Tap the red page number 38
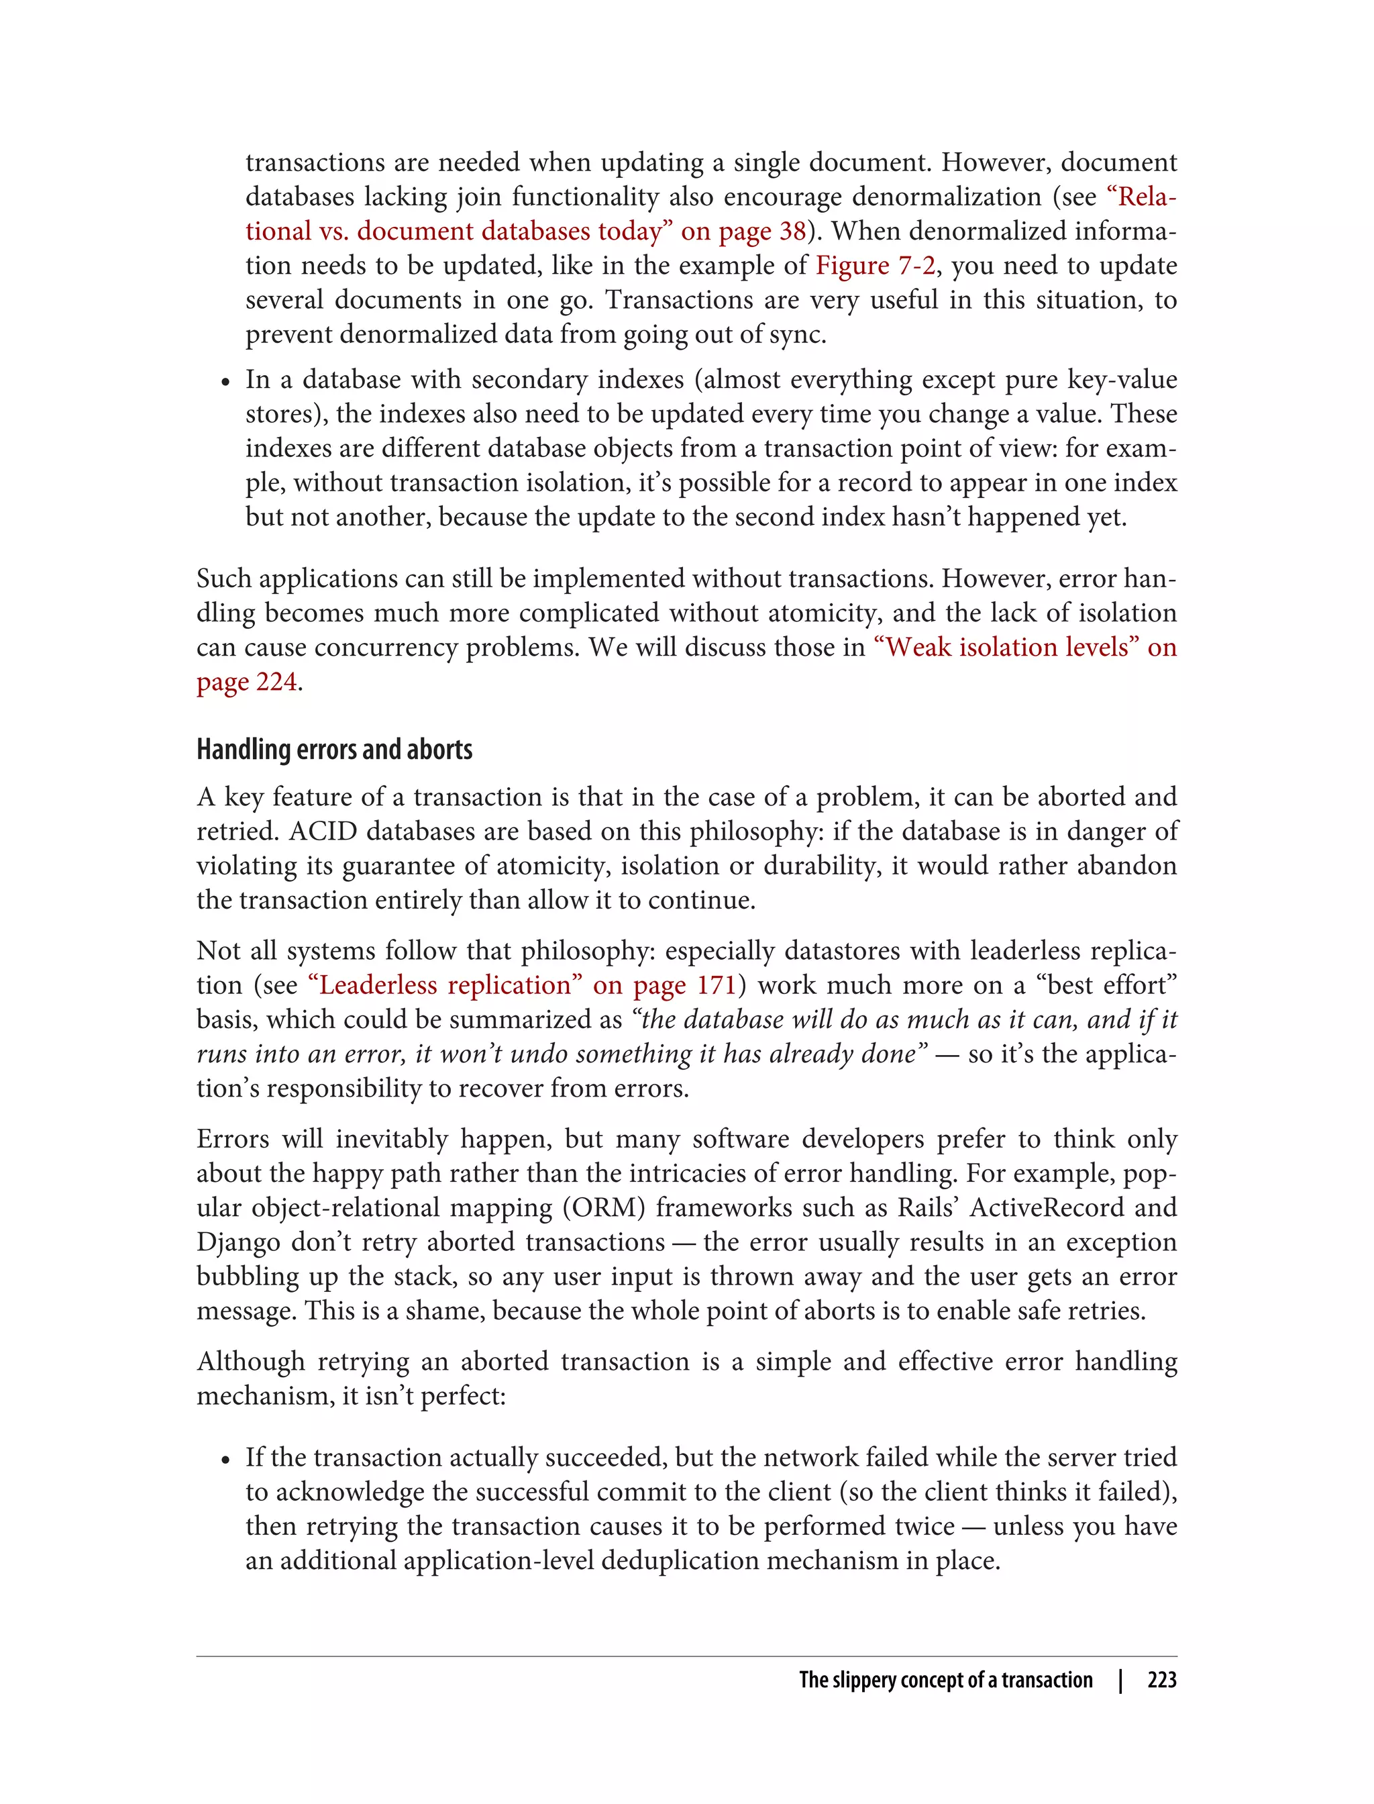pos(792,232)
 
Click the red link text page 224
pos(246,681)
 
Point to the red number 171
pos(717,985)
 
